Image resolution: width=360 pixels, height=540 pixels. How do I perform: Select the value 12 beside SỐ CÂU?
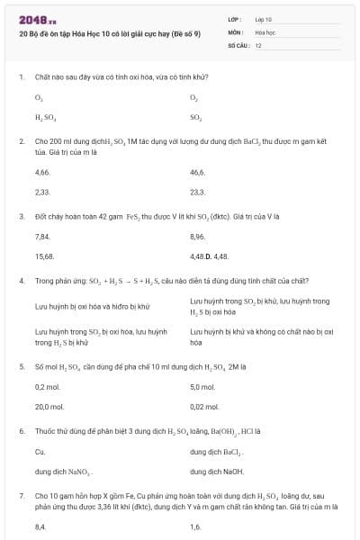[258, 44]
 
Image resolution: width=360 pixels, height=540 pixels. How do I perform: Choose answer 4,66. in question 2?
[42, 171]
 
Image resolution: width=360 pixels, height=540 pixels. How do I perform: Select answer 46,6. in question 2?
[198, 171]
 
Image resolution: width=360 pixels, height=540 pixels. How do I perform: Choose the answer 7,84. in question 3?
[42, 236]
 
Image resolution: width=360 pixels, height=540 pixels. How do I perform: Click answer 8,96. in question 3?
[198, 236]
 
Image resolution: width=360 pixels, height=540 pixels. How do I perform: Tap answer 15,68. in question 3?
[44, 256]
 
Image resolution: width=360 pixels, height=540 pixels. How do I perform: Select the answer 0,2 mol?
[47, 386]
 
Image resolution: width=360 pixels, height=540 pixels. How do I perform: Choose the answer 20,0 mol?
[49, 407]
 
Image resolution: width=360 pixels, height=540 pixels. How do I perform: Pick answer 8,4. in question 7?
[40, 527]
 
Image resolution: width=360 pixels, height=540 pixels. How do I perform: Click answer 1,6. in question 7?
[195, 527]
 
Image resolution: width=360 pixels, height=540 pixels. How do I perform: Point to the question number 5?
[22, 367]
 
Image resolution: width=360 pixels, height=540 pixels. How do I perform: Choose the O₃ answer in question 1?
[39, 96]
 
